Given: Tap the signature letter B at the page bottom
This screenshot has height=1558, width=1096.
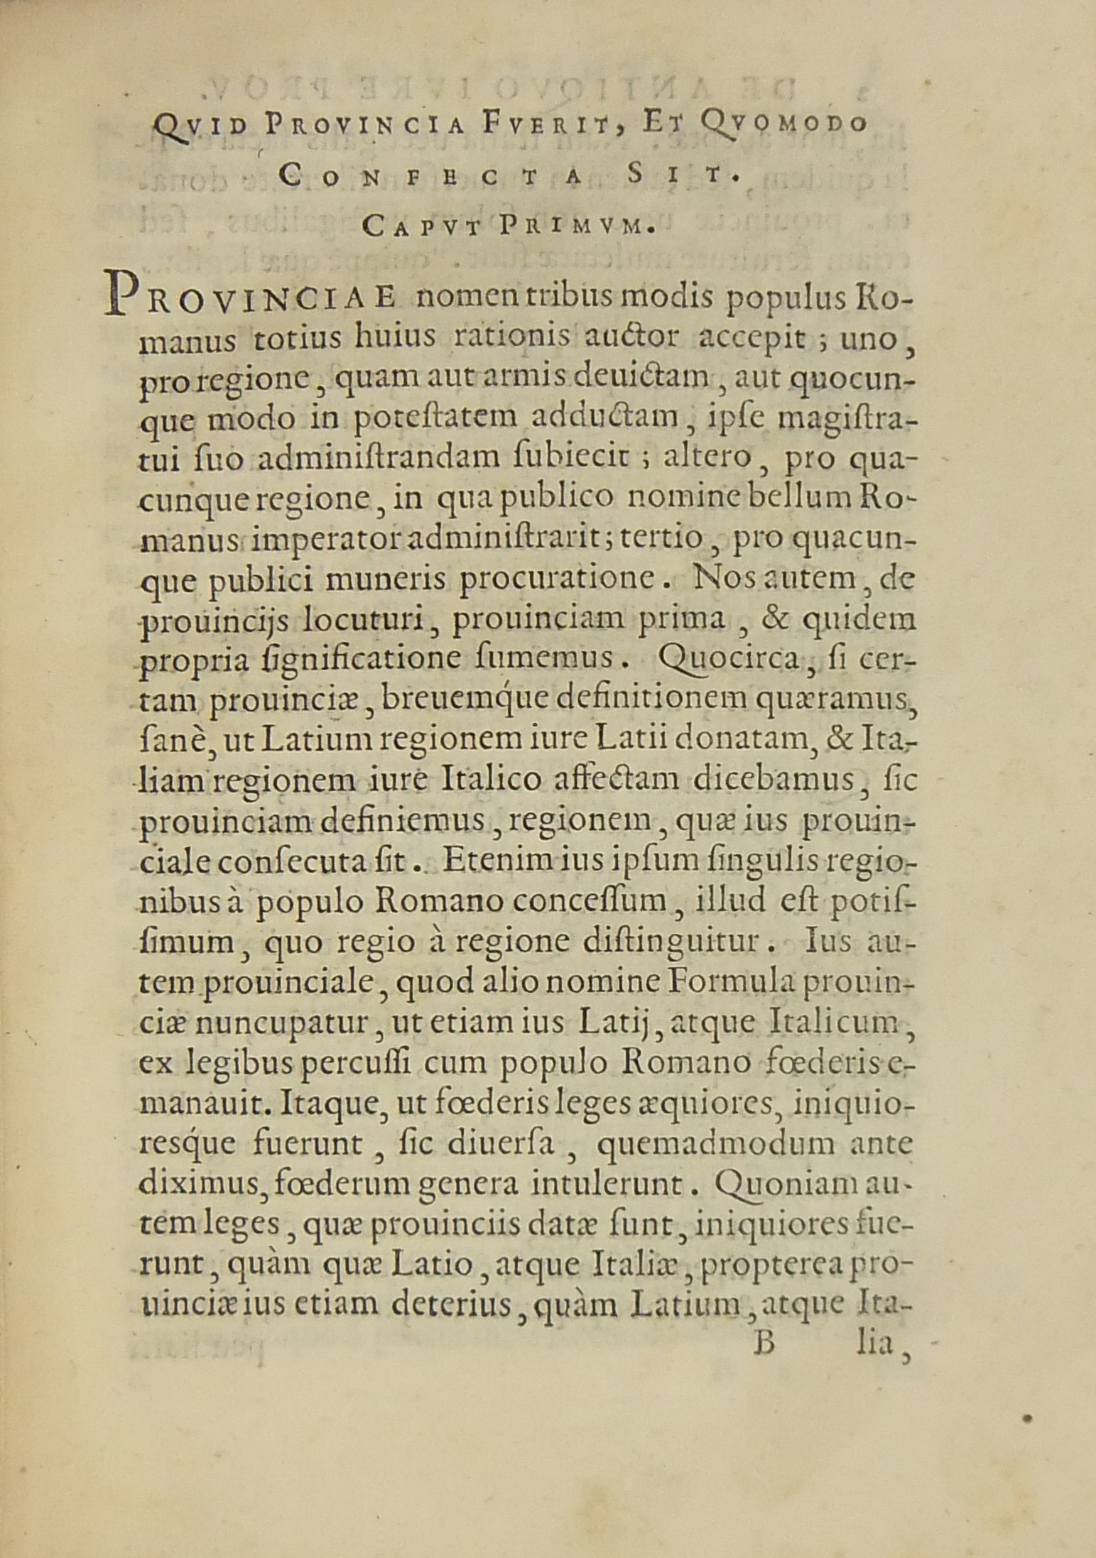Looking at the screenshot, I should click(x=764, y=1344).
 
